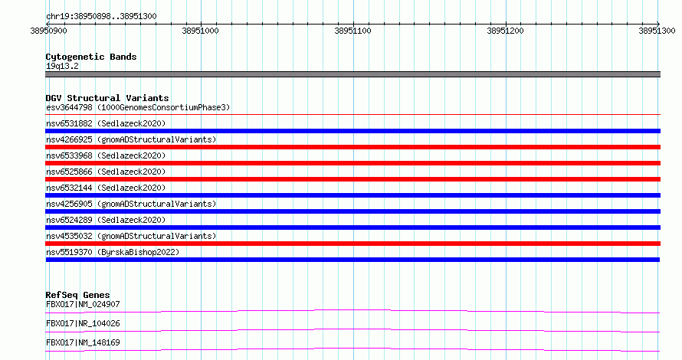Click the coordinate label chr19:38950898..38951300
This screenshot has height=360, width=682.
click(x=101, y=17)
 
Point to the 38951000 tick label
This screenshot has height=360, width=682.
click(x=201, y=31)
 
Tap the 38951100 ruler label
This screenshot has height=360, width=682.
click(x=352, y=31)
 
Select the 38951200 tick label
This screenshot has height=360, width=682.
click(x=506, y=31)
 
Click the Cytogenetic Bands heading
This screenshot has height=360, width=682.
click(x=91, y=57)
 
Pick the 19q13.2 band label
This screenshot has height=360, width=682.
click(x=62, y=66)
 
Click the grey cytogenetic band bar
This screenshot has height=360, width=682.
click(x=352, y=74)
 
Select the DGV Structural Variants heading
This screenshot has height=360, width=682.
click(x=107, y=98)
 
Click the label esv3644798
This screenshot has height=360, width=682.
click(x=69, y=107)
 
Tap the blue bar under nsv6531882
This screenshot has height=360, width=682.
click(x=352, y=131)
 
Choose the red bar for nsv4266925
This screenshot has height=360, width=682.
click(x=352, y=147)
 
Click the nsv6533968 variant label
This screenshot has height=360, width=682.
click(x=69, y=155)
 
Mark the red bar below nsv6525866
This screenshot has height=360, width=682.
click(x=352, y=179)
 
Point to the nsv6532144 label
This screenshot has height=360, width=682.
click(x=69, y=188)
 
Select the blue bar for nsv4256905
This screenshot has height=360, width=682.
click(x=352, y=211)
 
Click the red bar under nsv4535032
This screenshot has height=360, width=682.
click(x=352, y=244)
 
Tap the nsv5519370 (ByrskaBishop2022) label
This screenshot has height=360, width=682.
click(x=113, y=252)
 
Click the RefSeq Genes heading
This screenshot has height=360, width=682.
click(x=77, y=295)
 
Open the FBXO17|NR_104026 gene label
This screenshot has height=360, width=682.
click(x=83, y=323)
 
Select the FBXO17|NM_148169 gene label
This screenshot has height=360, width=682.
click(x=83, y=342)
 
